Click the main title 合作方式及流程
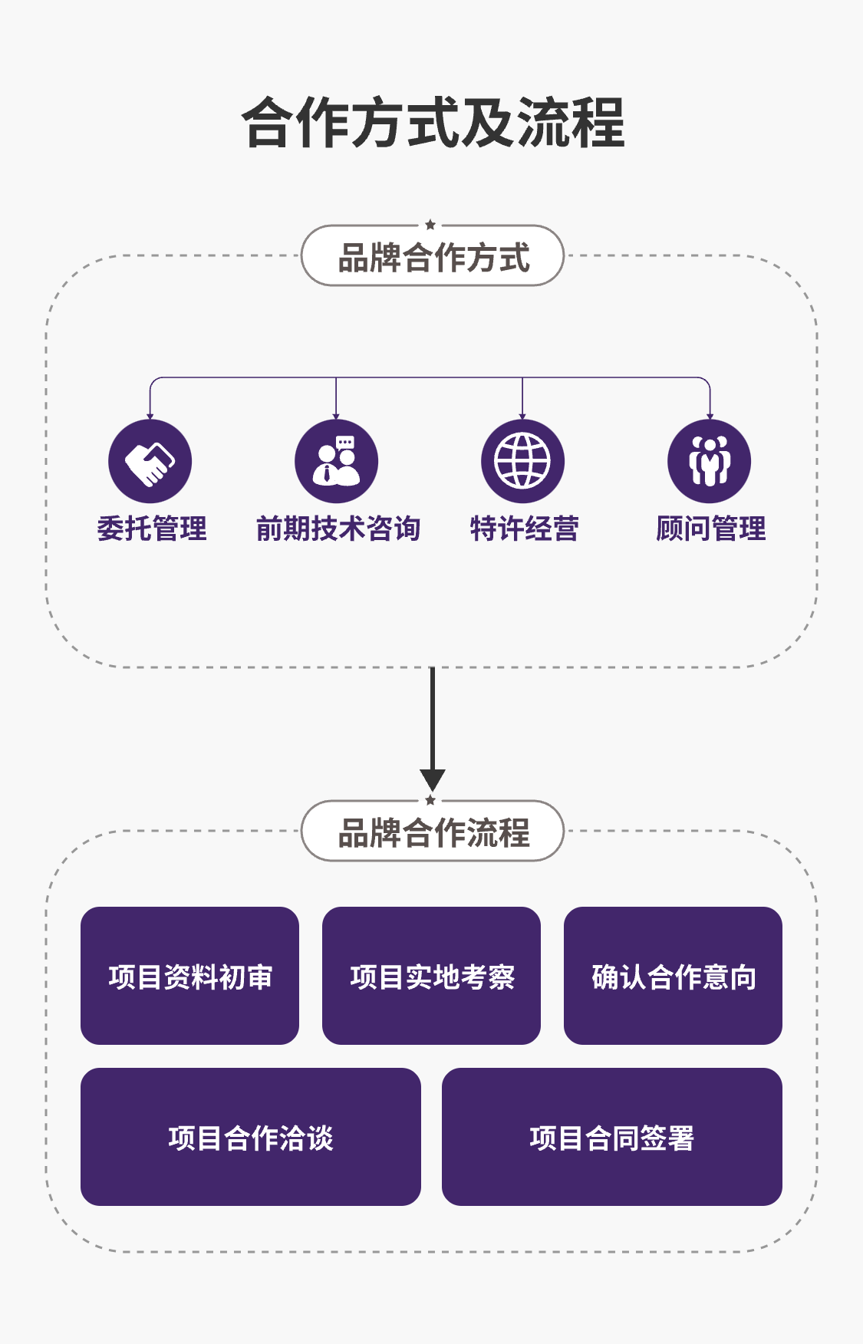pos(433,123)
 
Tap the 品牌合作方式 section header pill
pos(433,256)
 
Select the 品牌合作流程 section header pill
pos(433,832)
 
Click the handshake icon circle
pos(150,461)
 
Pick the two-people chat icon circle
pos(336,461)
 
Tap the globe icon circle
pos(522,461)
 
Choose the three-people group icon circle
pos(709,461)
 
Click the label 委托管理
pos(152,529)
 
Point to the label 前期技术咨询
pos(338,529)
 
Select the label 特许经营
pos(525,529)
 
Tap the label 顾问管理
pos(711,529)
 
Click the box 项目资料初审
pos(189,976)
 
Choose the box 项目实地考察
pos(431,976)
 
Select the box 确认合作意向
pos(673,976)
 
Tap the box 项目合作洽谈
pos(251,1137)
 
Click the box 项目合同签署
pos(611,1137)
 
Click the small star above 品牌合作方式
pos(430,225)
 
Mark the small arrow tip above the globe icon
pos(522,416)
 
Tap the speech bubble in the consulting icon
pos(345,443)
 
